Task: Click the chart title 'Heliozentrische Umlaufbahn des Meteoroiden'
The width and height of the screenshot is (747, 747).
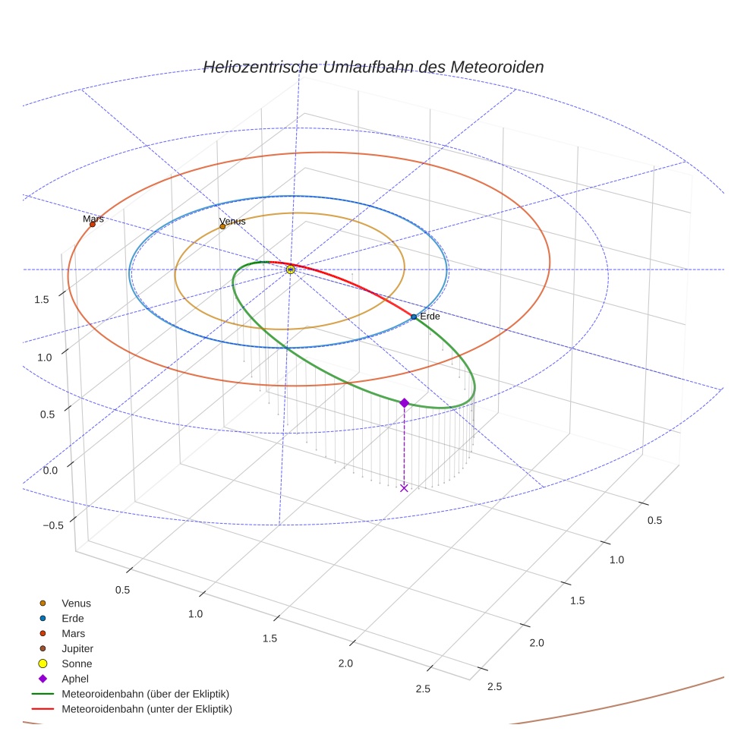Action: tap(373, 67)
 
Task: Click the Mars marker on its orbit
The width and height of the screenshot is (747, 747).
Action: tap(93, 224)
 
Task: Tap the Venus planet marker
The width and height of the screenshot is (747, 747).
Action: tap(222, 226)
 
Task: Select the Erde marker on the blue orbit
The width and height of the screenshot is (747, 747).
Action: tap(414, 317)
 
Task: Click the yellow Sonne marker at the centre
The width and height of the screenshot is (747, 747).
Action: tap(291, 269)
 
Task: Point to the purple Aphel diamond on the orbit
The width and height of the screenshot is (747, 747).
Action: tap(405, 403)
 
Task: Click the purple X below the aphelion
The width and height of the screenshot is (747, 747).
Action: tap(404, 488)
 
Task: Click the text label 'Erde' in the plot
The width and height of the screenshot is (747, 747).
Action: tap(430, 316)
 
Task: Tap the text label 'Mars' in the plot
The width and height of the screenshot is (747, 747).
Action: tap(93, 219)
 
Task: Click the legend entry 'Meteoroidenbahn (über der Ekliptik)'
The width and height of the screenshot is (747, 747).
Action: tap(145, 694)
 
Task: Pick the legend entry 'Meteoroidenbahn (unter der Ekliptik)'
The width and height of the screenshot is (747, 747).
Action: tap(147, 709)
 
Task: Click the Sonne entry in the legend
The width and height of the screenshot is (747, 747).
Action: tap(77, 663)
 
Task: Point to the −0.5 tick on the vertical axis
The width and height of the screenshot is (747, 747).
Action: tap(53, 526)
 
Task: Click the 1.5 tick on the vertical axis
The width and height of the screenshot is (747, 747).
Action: tap(42, 299)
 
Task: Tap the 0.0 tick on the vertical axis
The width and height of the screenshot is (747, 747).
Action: tap(50, 471)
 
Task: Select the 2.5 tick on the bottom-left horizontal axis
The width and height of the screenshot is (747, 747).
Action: tap(423, 689)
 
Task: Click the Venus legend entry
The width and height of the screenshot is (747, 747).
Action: tap(76, 603)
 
